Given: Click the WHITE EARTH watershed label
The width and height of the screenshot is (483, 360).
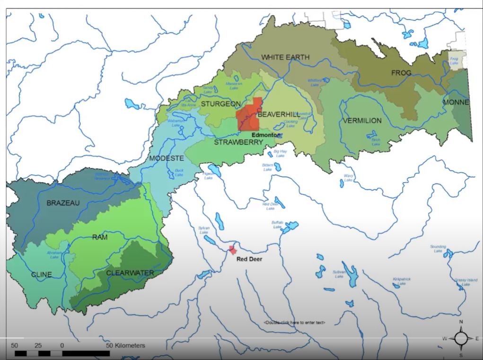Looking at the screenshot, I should click(285, 57).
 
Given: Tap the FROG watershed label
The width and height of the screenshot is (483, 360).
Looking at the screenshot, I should click(401, 73).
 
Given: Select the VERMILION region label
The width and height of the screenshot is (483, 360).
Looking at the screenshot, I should click(362, 121).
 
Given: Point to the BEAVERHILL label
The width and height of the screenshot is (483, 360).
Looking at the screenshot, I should click(278, 114).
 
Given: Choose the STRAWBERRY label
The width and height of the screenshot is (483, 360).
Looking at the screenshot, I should click(238, 142).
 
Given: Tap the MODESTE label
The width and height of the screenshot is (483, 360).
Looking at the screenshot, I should click(166, 158).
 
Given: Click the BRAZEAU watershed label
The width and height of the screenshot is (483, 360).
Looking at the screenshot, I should click(63, 203).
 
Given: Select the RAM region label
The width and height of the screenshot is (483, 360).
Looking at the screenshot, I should click(99, 237).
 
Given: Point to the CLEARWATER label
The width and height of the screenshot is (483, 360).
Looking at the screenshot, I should click(130, 272).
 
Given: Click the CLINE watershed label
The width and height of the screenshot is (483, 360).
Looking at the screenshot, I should click(41, 274).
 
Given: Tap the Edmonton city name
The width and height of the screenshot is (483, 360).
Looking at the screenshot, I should click(265, 135).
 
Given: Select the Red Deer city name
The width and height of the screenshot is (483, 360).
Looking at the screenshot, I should click(249, 259).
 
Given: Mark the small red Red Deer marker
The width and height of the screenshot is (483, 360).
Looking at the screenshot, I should click(232, 250).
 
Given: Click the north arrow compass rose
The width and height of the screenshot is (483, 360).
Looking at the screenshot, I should click(461, 338).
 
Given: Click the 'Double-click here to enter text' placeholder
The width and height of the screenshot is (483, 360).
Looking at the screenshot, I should click(294, 323).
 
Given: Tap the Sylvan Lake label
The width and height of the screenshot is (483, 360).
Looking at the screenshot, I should click(203, 230).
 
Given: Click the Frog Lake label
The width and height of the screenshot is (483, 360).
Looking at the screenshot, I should click(454, 60).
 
